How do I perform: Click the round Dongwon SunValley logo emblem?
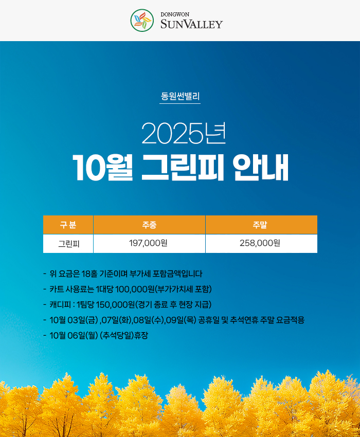142,20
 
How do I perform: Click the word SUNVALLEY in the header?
192,24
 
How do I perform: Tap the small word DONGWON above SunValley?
175,14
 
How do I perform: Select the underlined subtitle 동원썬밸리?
180,96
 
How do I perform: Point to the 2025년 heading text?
184,134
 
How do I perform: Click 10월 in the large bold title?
102,167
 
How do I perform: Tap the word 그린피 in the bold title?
183,167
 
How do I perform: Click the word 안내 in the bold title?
261,167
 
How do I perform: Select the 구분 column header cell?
68,225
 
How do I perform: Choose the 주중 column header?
149,225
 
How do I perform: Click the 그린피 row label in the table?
68,244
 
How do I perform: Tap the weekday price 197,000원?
148,243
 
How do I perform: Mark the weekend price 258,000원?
260,243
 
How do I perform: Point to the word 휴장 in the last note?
141,335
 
